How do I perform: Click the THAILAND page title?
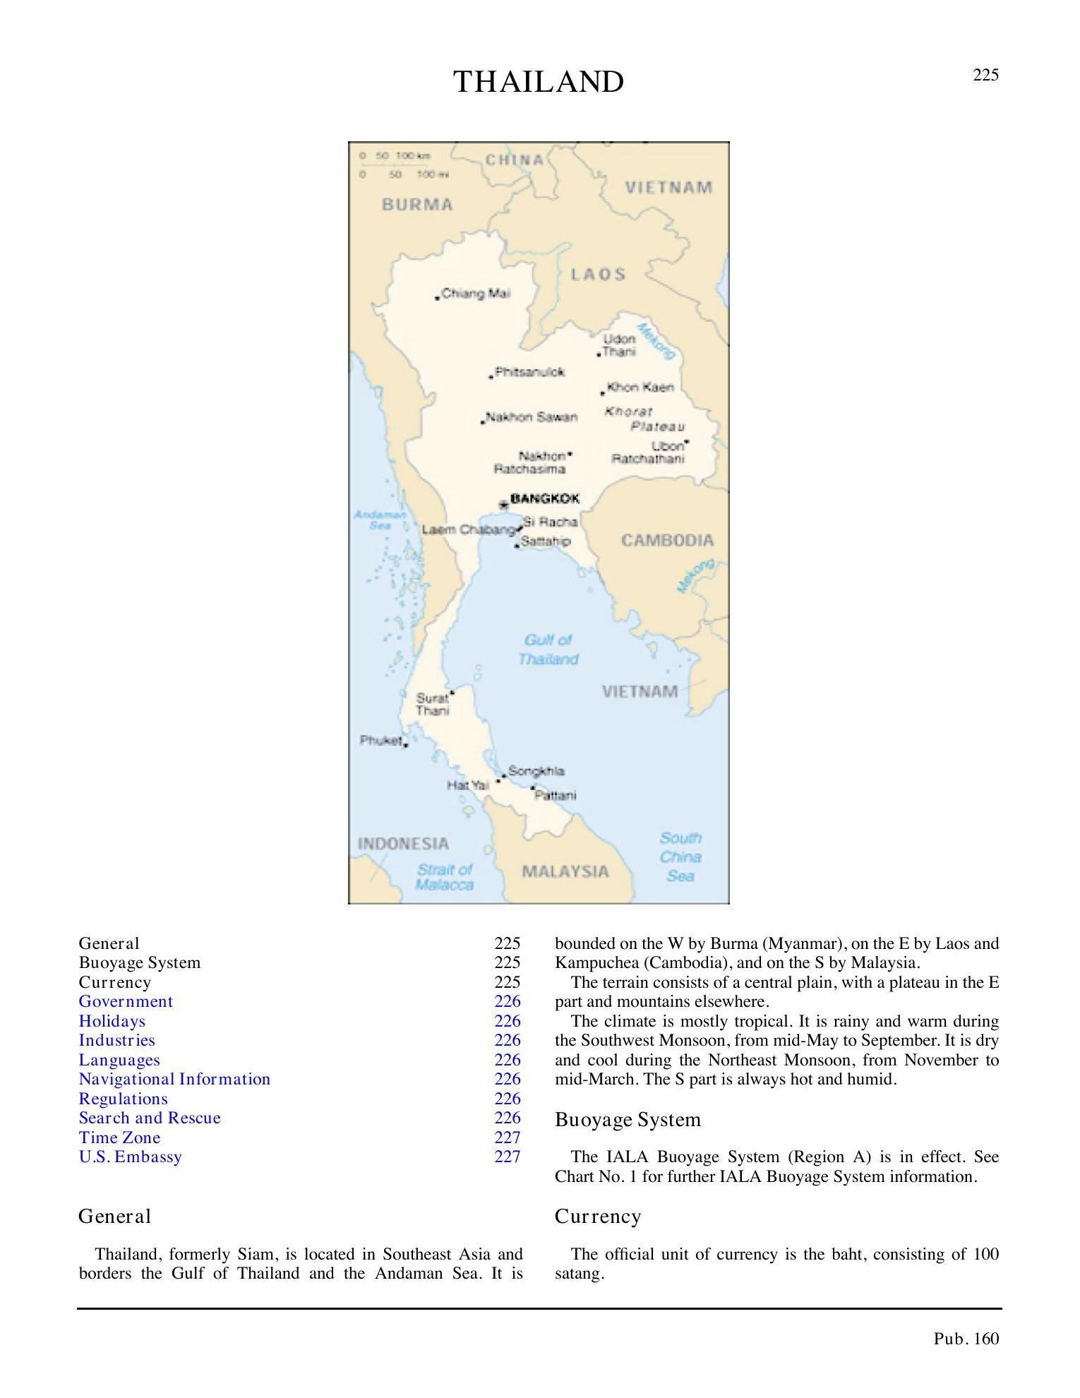point(539,83)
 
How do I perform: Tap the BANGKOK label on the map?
point(544,498)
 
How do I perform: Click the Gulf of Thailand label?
point(548,650)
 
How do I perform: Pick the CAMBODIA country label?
point(667,541)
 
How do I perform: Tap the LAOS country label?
point(598,275)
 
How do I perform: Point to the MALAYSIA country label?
point(565,871)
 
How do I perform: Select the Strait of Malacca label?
point(445,877)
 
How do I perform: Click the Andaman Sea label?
point(380,520)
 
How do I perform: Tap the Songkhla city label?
point(536,771)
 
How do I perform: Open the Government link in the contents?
point(126,1001)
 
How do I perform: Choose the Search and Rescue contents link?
point(150,1118)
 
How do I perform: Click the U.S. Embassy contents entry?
point(131,1157)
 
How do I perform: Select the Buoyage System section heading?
point(628,1120)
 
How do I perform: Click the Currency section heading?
point(598,1217)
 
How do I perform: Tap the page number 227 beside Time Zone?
point(508,1137)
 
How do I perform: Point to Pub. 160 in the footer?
point(966,1339)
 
